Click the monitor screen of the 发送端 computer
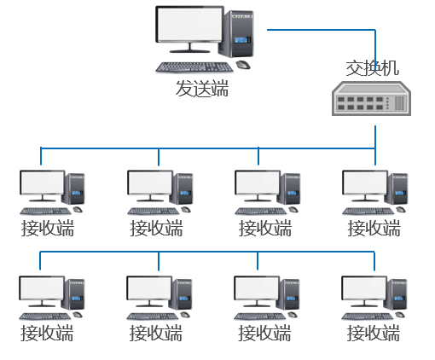[x=190, y=25]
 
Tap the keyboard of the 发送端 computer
[x=194, y=67]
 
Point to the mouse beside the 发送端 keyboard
[x=243, y=65]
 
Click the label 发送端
[x=202, y=89]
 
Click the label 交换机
[x=373, y=68]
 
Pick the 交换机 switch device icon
[x=372, y=98]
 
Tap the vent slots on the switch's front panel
[x=399, y=103]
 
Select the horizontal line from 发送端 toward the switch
[x=322, y=30]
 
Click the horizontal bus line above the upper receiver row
[x=208, y=148]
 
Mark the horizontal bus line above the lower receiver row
[x=207, y=252]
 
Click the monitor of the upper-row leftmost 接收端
[x=43, y=183]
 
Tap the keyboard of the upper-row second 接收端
[x=154, y=211]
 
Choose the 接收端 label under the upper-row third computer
[x=265, y=228]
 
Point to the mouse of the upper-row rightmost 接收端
[x=401, y=210]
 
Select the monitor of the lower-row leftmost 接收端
[x=42, y=287]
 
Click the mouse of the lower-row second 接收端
[x=185, y=315]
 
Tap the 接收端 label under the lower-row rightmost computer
[x=374, y=333]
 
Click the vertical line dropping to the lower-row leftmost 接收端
[x=40, y=261]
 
